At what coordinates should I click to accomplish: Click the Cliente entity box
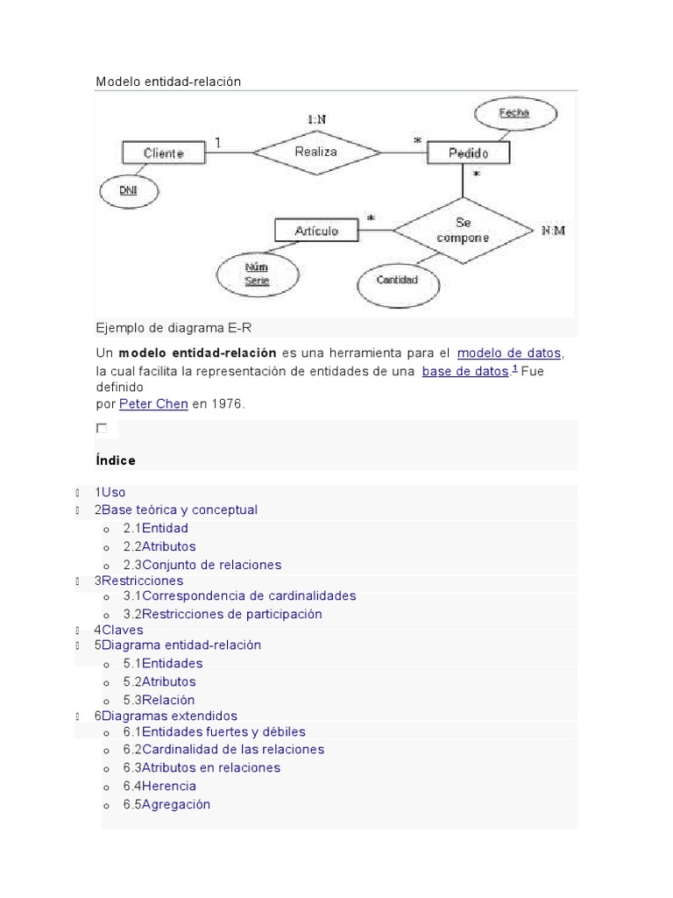coord(164,153)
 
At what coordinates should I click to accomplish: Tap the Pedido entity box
coord(468,153)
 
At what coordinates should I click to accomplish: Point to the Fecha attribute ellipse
coord(514,113)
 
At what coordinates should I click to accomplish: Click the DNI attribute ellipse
coord(128,191)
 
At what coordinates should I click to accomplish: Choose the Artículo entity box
coord(316,231)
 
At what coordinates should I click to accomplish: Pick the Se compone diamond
coord(462,231)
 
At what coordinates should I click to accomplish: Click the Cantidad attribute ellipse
coord(396,281)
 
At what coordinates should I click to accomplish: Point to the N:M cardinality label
coord(553,231)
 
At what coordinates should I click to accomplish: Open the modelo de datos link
coord(509,353)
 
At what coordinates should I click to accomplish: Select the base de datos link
coord(464,371)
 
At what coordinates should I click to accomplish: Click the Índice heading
coord(115,460)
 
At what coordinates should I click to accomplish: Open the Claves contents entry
coord(122,630)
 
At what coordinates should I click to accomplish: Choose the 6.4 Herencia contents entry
coord(168,786)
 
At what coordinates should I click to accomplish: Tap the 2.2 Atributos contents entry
coord(168,546)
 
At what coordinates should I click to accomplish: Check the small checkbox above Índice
coord(102,428)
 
